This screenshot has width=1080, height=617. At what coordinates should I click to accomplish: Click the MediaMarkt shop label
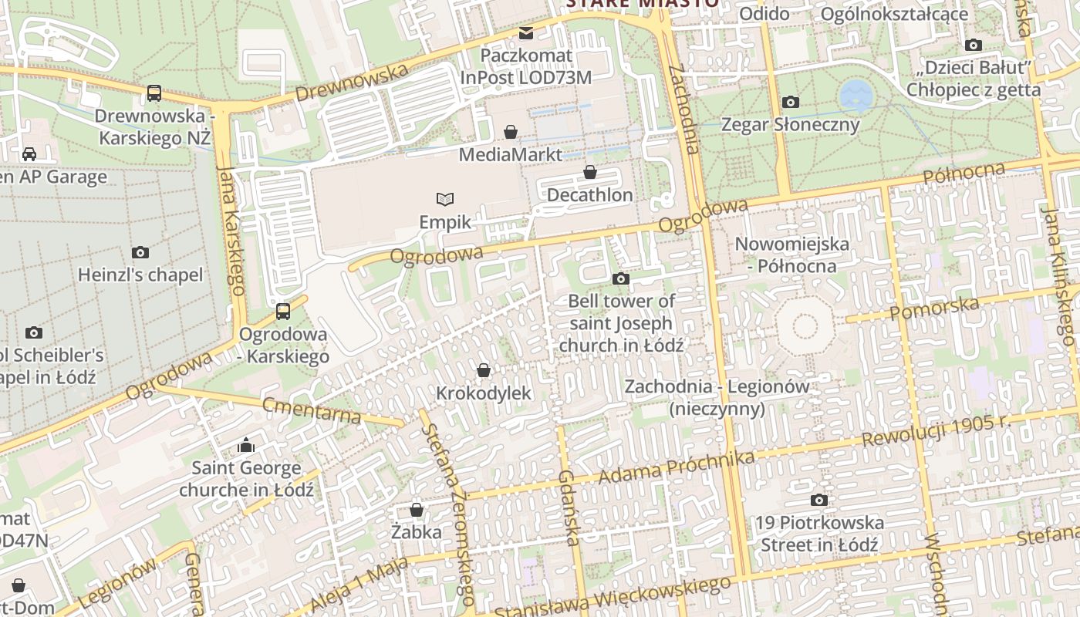pyautogui.click(x=510, y=154)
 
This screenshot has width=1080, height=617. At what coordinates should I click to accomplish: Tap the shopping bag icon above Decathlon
pyautogui.click(x=590, y=172)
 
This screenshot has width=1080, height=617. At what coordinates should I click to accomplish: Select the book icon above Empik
pyautogui.click(x=444, y=200)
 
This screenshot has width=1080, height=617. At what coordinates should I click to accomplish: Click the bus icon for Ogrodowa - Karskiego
pyautogui.click(x=283, y=312)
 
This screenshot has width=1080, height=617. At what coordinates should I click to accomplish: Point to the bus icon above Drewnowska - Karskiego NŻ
pyautogui.click(x=154, y=93)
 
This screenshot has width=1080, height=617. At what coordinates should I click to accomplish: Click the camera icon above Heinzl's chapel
pyautogui.click(x=140, y=252)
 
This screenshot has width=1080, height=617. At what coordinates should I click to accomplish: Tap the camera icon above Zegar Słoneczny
pyautogui.click(x=790, y=102)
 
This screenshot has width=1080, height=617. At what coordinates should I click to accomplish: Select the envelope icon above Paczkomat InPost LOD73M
pyautogui.click(x=526, y=32)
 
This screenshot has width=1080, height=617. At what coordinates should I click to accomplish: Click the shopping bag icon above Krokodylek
pyautogui.click(x=484, y=370)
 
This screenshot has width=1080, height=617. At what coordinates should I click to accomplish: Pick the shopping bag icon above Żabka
pyautogui.click(x=417, y=510)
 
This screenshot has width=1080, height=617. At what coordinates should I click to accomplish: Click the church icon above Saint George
pyautogui.click(x=246, y=445)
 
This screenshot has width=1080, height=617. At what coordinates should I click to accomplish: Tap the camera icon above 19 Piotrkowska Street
pyautogui.click(x=819, y=500)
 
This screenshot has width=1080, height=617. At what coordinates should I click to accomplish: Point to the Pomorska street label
pyautogui.click(x=934, y=308)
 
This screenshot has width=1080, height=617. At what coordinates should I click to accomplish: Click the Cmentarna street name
pyautogui.click(x=311, y=410)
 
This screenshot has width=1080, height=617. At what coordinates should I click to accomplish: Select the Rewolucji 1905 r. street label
pyautogui.click(x=936, y=430)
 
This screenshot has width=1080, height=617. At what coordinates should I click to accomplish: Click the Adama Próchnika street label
pyautogui.click(x=676, y=468)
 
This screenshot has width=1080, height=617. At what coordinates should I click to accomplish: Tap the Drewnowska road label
pyautogui.click(x=351, y=83)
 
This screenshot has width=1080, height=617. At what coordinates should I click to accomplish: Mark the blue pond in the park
pyautogui.click(x=856, y=96)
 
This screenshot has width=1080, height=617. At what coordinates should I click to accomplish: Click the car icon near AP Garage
pyautogui.click(x=29, y=154)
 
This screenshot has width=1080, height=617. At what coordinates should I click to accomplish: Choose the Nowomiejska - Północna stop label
pyautogui.click(x=791, y=255)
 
